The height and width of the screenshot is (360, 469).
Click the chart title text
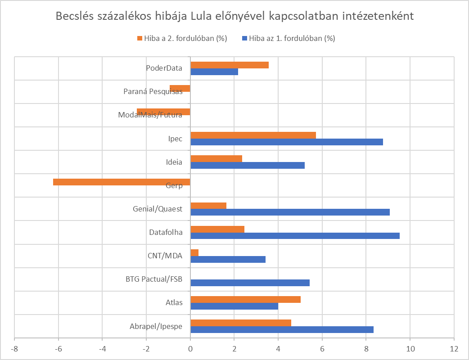point(234,17)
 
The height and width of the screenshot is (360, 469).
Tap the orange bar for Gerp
point(122,182)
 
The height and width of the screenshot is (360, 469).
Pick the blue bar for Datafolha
point(295,236)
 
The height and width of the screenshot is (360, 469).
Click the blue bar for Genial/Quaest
point(290,212)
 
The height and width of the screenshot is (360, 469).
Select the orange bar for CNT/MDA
point(194,253)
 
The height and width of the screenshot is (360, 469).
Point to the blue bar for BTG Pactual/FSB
point(250,283)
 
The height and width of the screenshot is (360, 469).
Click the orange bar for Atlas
point(245,300)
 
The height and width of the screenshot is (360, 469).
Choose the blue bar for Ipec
point(287,142)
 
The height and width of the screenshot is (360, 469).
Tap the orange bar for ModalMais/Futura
point(163,112)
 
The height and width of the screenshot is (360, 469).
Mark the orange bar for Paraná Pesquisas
point(180,88)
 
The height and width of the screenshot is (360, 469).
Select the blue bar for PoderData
point(214,72)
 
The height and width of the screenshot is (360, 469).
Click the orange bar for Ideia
point(216,158)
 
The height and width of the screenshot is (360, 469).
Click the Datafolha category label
point(166,233)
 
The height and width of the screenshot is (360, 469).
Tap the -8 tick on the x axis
point(14,349)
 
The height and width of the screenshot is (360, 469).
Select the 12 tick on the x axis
point(454,349)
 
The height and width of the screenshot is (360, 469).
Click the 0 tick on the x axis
point(190,349)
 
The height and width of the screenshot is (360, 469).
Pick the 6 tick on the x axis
point(322,349)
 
